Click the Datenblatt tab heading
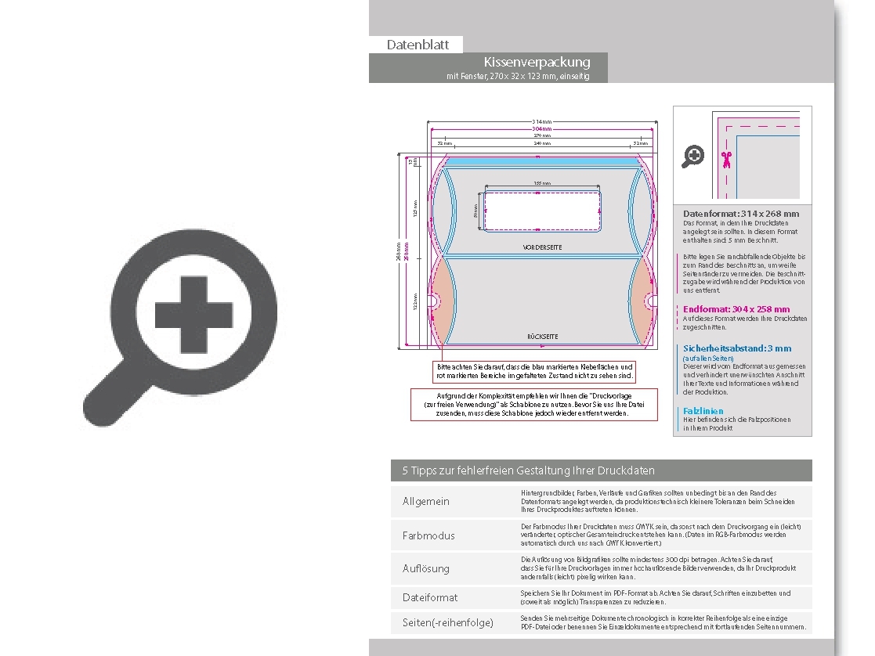click(418, 45)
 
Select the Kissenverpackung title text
click(537, 62)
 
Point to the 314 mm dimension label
click(541, 122)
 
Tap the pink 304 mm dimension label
click(541, 129)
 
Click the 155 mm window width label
click(541, 183)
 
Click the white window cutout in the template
click(541, 211)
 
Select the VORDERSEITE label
click(542, 247)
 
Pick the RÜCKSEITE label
click(542, 336)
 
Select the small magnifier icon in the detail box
click(692, 157)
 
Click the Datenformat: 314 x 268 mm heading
click(741, 214)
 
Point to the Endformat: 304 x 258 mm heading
click(736, 309)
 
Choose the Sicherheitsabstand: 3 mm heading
click(737, 348)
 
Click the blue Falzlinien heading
click(703, 411)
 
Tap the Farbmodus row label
click(428, 535)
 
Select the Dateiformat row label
click(430, 597)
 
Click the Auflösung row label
click(426, 568)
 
